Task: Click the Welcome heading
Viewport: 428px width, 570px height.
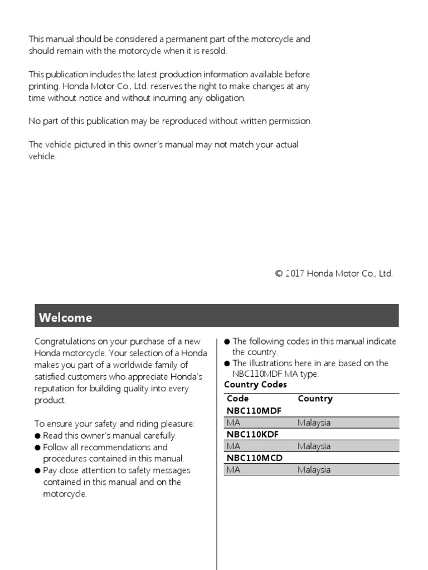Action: (65, 318)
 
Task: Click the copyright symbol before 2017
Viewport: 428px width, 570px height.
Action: (279, 273)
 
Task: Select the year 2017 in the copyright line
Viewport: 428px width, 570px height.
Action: (295, 273)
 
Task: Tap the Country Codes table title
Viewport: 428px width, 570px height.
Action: (255, 385)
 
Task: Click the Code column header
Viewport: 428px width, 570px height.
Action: (237, 399)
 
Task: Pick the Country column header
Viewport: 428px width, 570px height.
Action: (315, 399)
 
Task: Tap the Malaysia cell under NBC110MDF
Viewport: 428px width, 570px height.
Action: (314, 422)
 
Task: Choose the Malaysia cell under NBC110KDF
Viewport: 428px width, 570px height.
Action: (314, 446)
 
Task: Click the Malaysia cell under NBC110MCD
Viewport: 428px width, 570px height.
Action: (314, 470)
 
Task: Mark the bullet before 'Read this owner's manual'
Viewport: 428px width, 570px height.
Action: (37, 436)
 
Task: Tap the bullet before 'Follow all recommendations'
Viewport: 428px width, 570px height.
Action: (37, 448)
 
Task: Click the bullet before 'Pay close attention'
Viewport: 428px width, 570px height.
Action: (37, 471)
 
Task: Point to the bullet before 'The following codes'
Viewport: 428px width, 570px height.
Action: (227, 341)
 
